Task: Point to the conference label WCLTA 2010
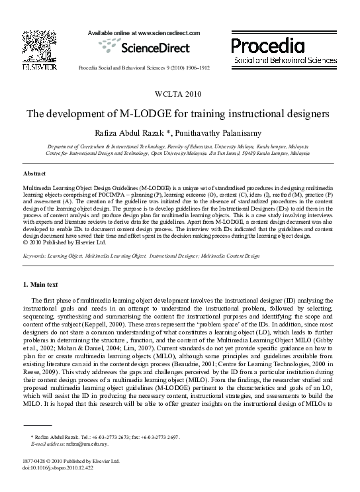click(x=180, y=93)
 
